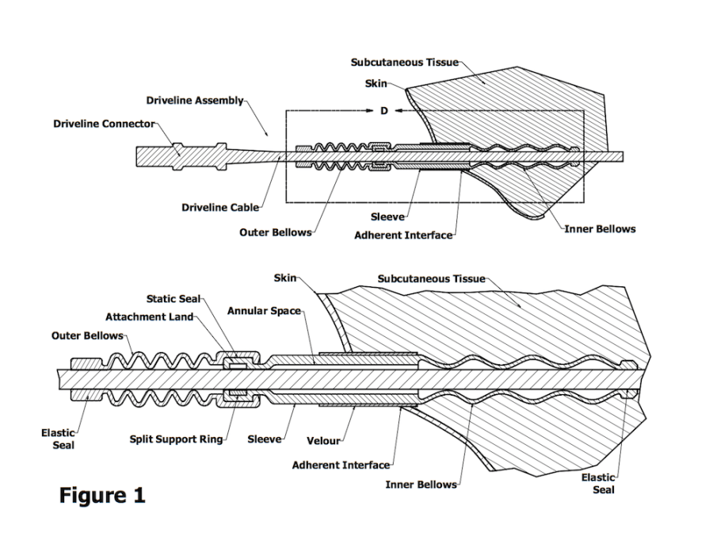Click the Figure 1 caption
coord(102,496)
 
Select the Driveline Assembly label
coord(195,101)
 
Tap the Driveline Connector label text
coord(104,124)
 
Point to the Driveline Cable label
coord(219,208)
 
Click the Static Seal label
coord(173,299)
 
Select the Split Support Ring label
coord(176,439)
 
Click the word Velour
coord(323,440)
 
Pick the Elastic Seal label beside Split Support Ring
coord(58,439)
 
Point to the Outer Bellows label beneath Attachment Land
coord(87,335)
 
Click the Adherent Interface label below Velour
coord(341,465)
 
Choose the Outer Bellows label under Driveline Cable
coord(275,232)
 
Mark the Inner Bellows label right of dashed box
coord(600,229)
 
